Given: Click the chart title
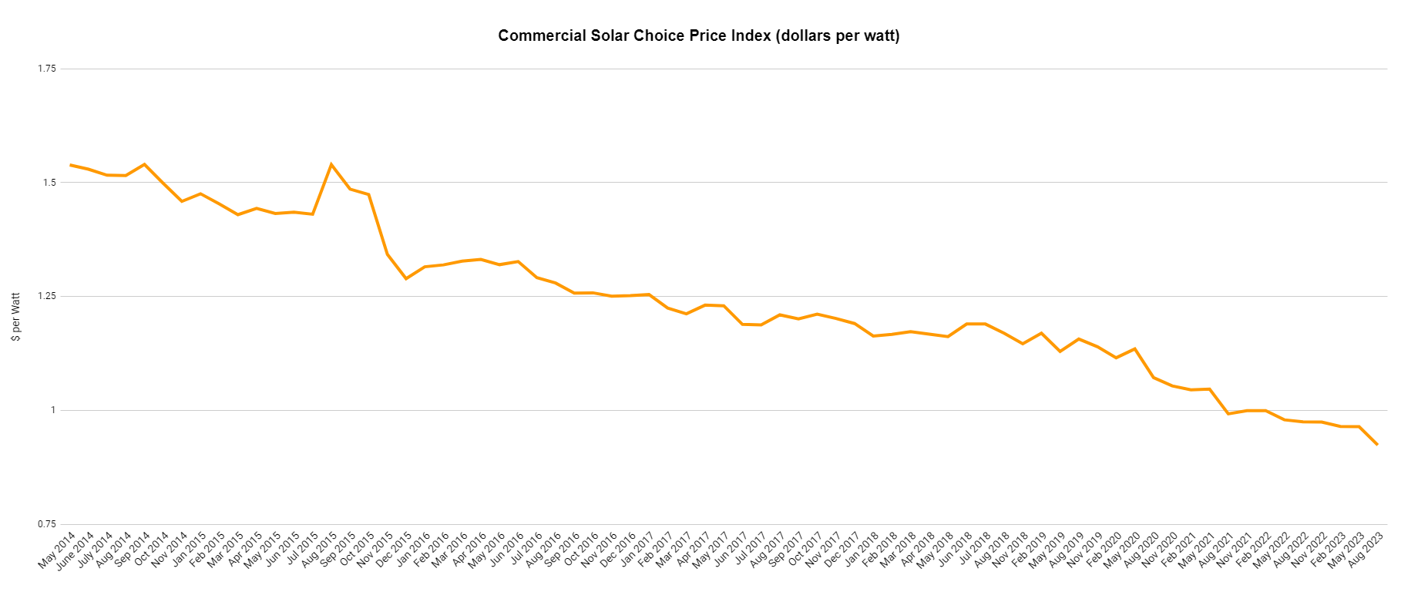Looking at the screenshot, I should coord(698,35).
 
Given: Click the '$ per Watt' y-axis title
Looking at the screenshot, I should coord(16,317).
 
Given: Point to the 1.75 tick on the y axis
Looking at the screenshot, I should coord(47,69).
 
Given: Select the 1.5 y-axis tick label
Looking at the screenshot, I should coord(49,183).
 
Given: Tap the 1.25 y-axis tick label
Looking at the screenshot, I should coord(47,296).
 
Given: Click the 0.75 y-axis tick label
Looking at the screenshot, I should coord(47,524).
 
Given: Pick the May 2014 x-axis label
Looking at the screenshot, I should coord(57,550).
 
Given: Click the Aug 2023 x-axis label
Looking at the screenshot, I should coord(1365,550).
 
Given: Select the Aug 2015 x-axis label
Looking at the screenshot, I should coord(319,550).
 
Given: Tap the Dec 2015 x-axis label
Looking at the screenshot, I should coord(394,550).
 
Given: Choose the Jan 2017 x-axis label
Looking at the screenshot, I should coord(637,550).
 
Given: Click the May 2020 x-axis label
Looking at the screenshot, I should coord(1122,550).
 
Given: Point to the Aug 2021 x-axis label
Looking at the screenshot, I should coord(1215,550).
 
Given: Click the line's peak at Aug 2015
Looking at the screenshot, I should coord(331,164).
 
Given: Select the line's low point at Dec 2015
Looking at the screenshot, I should coord(406,278).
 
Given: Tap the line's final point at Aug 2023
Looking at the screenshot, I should coord(1377,445).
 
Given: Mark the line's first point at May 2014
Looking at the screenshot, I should coord(70,165).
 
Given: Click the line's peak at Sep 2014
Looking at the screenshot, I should coord(144,164).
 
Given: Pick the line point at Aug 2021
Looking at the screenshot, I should coord(1228,414).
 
